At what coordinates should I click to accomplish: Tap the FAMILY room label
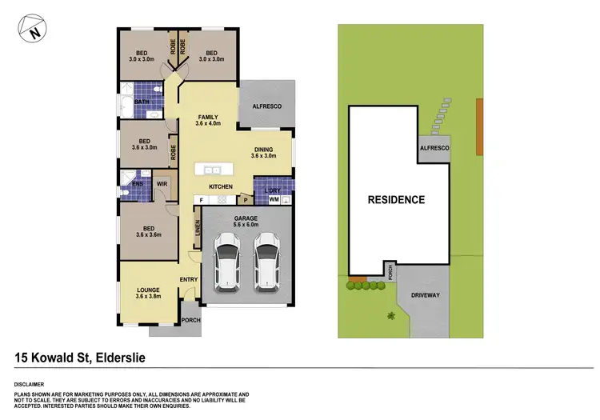[209, 120]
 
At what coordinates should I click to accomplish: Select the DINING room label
[263, 153]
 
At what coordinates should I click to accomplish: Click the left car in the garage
[227, 260]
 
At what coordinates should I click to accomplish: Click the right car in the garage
[266, 260]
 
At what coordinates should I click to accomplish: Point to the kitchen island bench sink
[213, 170]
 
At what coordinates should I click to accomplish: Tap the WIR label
[162, 184]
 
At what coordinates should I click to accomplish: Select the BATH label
[141, 102]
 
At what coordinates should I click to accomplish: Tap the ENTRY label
[189, 279]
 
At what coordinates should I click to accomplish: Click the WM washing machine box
[274, 200]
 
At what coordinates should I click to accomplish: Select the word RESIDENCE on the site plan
[396, 199]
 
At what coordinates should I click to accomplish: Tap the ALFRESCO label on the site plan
[434, 150]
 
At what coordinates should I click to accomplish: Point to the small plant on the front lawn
[391, 316]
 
